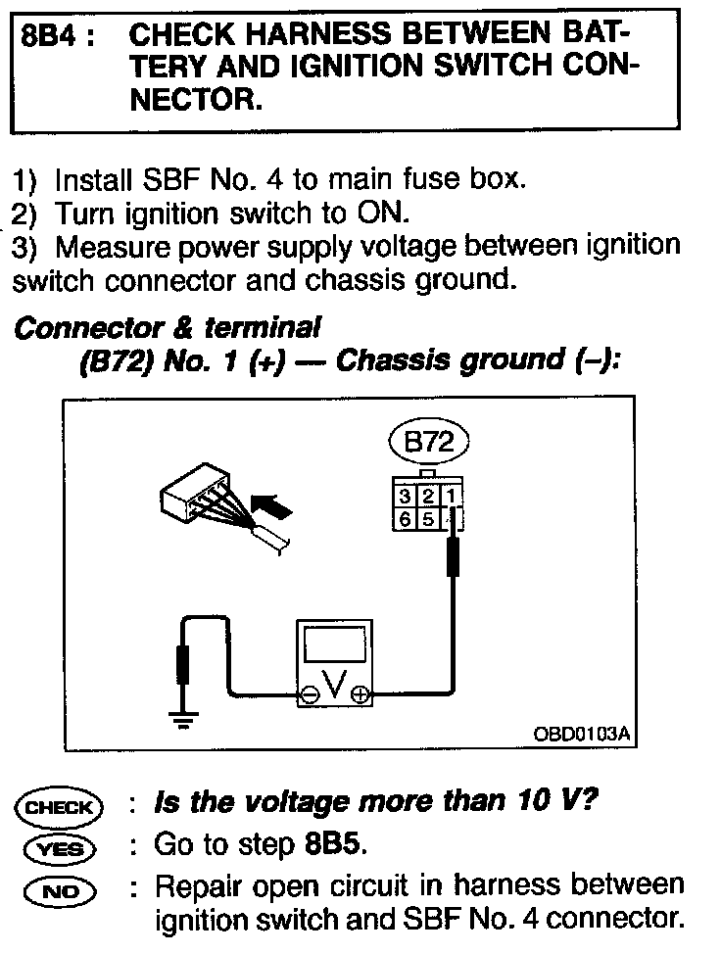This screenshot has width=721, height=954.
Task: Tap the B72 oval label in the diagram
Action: point(428,443)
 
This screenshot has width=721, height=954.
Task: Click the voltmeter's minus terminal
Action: point(309,695)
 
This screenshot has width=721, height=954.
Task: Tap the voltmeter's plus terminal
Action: point(360,695)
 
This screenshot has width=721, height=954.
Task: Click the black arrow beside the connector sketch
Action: point(273,507)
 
